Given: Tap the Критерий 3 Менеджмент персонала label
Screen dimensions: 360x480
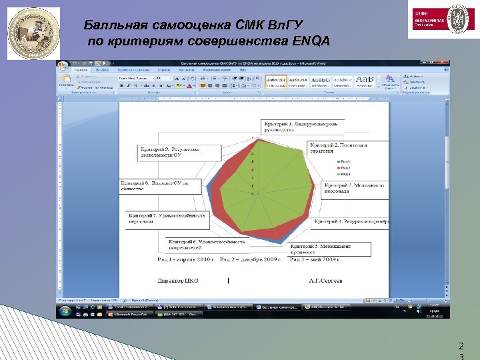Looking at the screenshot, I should (354, 189).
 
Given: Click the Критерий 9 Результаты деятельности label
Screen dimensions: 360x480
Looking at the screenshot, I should (178, 151).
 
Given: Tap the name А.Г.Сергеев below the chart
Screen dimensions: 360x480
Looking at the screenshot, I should (325, 281).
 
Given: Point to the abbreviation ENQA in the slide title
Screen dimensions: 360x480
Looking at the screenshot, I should (311, 41).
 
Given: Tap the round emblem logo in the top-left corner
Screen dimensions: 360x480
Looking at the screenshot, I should (33, 33).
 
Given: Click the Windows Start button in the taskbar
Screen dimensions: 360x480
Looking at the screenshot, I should (64, 311).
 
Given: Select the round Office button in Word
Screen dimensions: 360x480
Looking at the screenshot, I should (63, 66).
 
